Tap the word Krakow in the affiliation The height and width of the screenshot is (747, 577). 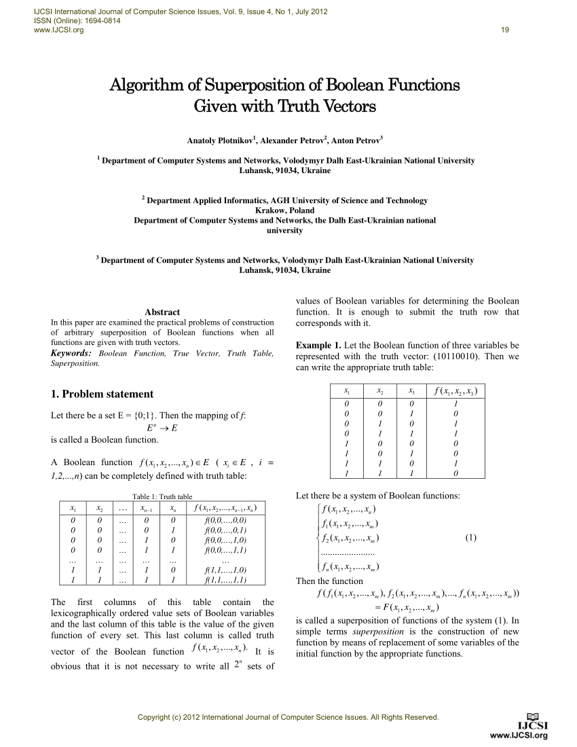point(267,211)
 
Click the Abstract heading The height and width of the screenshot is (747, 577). point(162,312)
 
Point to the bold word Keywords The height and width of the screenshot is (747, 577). point(71,353)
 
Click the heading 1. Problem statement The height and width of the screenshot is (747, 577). point(102,394)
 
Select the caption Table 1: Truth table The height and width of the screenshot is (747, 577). point(162,496)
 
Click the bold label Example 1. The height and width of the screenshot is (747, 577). point(318,345)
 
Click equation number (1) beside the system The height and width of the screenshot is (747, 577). point(471,539)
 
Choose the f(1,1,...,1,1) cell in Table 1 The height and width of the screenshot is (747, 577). point(225,581)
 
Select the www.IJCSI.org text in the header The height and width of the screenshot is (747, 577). point(54,31)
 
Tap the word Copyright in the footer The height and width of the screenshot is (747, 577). point(154,717)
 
